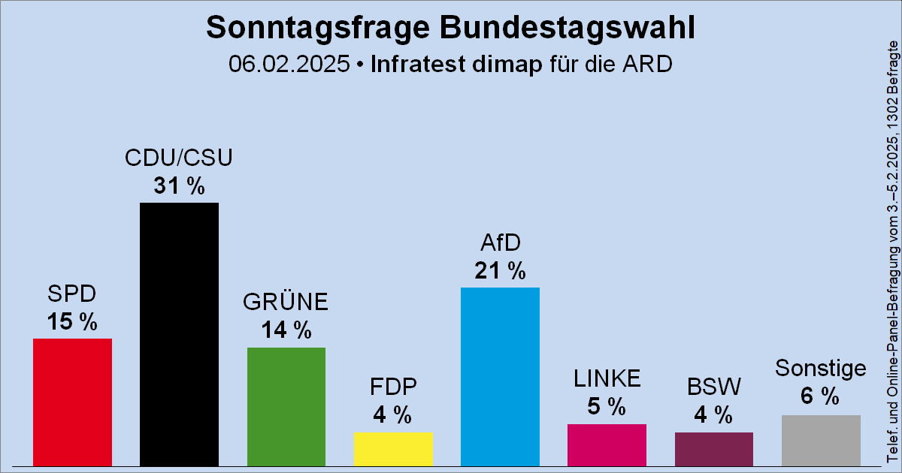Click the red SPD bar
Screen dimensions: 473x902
click(72, 402)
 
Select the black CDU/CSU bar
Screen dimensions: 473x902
click(179, 334)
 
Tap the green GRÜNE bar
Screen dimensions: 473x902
click(286, 406)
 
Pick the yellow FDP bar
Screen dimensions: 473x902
click(393, 448)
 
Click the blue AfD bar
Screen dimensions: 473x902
click(500, 376)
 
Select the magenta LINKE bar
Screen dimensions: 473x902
click(607, 444)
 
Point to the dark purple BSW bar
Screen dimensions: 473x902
click(713, 449)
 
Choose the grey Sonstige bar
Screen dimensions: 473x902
click(821, 440)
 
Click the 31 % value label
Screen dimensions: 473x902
click(179, 186)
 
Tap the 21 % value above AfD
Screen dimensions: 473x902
click(500, 271)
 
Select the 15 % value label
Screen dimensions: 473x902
click(72, 322)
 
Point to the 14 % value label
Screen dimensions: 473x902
click(286, 330)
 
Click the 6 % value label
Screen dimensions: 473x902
click(821, 396)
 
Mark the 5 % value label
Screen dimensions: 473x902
click(607, 407)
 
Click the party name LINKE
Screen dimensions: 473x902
click(607, 378)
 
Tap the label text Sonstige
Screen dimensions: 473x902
click(821, 369)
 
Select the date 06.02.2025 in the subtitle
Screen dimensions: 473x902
click(290, 65)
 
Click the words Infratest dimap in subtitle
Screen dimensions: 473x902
click(456, 65)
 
